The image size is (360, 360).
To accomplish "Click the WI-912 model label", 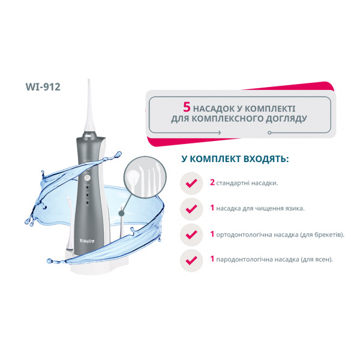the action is (x=43, y=87).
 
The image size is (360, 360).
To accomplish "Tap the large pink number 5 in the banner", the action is (x=187, y=107).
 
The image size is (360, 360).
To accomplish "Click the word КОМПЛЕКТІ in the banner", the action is (x=269, y=109).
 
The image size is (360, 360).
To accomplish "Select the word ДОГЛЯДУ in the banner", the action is (x=286, y=119).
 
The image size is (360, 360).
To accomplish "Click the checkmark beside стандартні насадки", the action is (x=191, y=183).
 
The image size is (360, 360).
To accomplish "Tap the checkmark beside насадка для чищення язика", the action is (x=191, y=209).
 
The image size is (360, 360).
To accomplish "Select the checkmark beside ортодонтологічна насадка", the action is (x=191, y=235).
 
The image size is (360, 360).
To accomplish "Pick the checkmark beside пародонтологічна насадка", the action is (x=191, y=260).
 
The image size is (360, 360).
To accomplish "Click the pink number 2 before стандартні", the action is (x=212, y=182).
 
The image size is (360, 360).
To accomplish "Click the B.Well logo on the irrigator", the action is (x=87, y=241).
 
